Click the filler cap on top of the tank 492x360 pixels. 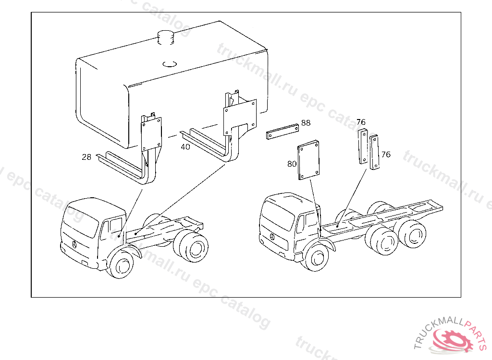pos(166,37)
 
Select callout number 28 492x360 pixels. pos(86,157)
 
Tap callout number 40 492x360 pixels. pos(185,147)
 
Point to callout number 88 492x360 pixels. pos(306,122)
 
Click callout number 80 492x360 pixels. pos(292,164)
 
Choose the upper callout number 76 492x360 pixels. pos(361,121)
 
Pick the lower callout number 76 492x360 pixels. pos(386,154)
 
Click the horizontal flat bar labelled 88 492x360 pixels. pos(283,132)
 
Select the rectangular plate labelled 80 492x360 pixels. pos(308,160)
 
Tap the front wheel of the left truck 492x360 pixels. pos(120,264)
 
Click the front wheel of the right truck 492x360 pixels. pos(316,258)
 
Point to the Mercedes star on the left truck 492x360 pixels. pos(74,245)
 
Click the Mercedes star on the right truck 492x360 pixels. pos(272,237)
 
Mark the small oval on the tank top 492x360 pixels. pos(170,64)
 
